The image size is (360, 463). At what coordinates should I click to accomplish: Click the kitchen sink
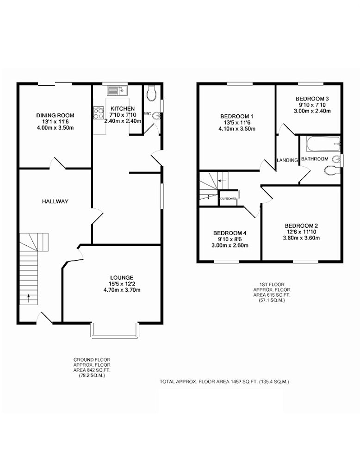(117, 90)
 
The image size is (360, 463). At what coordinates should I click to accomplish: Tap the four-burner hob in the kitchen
(99, 113)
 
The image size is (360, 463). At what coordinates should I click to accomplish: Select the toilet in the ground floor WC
(151, 94)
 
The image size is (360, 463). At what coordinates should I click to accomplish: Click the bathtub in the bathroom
(323, 144)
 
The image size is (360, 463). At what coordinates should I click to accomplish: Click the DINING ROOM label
(55, 115)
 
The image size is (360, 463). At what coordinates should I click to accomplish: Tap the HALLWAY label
(55, 201)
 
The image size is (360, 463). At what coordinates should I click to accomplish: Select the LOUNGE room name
(122, 277)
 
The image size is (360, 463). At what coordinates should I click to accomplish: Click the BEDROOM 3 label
(312, 99)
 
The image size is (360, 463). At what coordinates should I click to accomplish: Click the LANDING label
(287, 160)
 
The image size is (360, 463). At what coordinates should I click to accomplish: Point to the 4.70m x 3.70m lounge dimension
(122, 290)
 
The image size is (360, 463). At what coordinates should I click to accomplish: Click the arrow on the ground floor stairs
(29, 298)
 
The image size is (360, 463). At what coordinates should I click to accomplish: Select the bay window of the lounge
(114, 331)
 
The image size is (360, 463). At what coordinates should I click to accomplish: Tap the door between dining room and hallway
(57, 163)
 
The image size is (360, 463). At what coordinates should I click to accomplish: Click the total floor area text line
(224, 382)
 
